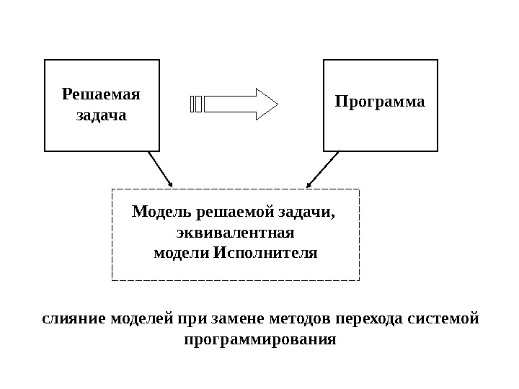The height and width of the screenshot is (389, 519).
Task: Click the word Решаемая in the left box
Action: (x=101, y=94)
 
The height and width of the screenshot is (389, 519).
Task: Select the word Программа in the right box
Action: (x=380, y=101)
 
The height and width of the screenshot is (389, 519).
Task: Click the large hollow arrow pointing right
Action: (x=242, y=104)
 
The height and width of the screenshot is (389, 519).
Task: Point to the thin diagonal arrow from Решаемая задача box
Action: (x=160, y=169)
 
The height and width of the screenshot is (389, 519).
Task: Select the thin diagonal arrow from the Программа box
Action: (x=321, y=169)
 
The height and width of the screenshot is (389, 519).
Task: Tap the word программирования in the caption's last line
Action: (x=260, y=338)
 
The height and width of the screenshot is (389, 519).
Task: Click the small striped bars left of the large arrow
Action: (x=196, y=104)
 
